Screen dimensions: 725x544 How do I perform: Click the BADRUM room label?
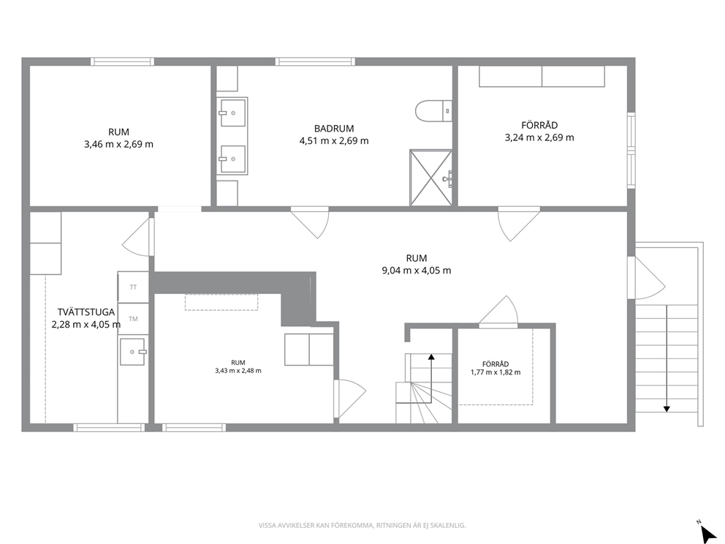[x=334, y=129]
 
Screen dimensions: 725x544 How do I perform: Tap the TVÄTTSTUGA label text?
[x=86, y=312]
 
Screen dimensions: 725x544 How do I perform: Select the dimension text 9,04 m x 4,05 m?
[x=416, y=271]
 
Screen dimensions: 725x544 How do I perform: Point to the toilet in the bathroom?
[x=433, y=111]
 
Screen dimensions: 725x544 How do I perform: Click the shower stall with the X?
[x=430, y=178]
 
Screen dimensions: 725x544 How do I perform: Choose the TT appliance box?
[x=133, y=287]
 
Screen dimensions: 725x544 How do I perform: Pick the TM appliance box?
[x=133, y=319]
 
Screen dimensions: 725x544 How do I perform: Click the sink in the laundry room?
[x=133, y=352]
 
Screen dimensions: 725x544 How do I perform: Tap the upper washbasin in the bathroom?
[x=232, y=113]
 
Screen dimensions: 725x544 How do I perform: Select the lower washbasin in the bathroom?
[x=232, y=159]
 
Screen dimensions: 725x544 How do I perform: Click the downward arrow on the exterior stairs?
[x=667, y=358]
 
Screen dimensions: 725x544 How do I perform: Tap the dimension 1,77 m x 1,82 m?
[x=496, y=372]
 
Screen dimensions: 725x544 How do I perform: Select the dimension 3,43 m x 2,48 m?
[x=238, y=371]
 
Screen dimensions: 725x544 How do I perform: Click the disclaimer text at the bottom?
[x=362, y=525]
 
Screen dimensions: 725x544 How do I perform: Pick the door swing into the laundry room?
[x=137, y=236]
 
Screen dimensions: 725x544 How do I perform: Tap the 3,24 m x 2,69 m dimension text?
[x=539, y=137]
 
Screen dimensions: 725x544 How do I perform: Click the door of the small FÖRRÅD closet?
[x=498, y=311]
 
